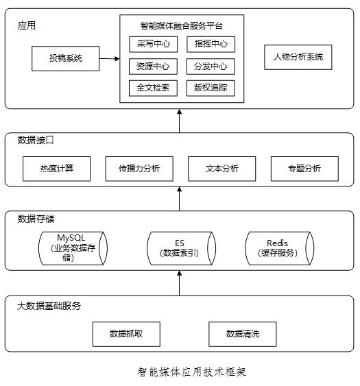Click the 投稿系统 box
(66, 58)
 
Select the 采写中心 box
(154, 45)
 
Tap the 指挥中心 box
(211, 45)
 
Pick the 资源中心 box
(153, 67)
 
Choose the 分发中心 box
(211, 67)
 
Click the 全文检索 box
(153, 88)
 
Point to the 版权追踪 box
(211, 88)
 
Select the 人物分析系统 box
(298, 57)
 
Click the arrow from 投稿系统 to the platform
(110, 58)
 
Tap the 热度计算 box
(57, 169)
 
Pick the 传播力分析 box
(139, 169)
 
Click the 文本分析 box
(222, 169)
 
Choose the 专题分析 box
(304, 169)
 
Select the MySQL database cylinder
(73, 248)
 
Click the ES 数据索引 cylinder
(181, 248)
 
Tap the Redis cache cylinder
(280, 248)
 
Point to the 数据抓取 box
(126, 335)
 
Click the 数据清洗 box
(243, 335)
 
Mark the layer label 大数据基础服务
(49, 306)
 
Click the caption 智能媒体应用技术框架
(191, 372)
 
